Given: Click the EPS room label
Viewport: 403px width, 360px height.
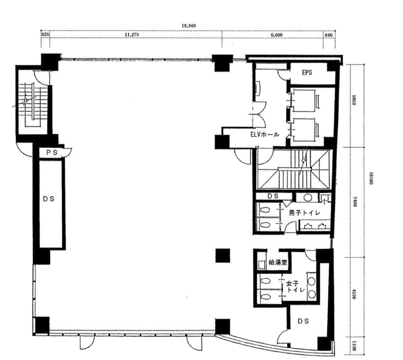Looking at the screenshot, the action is tap(307, 73).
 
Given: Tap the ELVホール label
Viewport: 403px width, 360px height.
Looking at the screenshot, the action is tap(265, 134).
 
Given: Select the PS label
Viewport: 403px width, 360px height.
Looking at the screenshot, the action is tap(52, 153).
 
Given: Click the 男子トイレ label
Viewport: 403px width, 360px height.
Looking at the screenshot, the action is tap(304, 213).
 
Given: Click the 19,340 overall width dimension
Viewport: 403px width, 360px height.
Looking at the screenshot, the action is tap(189, 26).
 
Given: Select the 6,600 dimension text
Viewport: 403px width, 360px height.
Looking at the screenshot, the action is tap(277, 35).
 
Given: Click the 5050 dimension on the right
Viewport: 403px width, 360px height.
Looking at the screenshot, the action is tap(354, 100).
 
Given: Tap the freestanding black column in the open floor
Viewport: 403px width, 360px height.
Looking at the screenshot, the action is tap(223, 256).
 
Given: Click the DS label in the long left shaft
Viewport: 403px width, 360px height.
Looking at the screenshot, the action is tap(49, 199).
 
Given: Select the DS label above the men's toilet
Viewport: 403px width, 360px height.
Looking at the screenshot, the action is tap(273, 196).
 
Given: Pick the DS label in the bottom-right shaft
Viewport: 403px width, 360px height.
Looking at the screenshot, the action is tap(303, 321).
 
